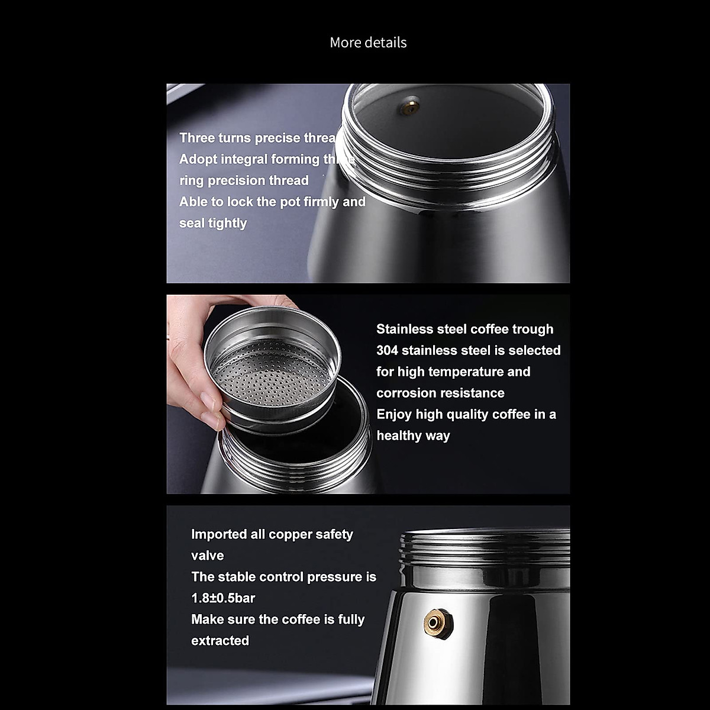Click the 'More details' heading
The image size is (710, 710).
tap(368, 43)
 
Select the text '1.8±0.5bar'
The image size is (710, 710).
tap(223, 598)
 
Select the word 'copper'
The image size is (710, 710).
tap(290, 534)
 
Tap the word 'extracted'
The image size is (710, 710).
tap(220, 641)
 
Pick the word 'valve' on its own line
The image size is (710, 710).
tap(207, 556)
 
